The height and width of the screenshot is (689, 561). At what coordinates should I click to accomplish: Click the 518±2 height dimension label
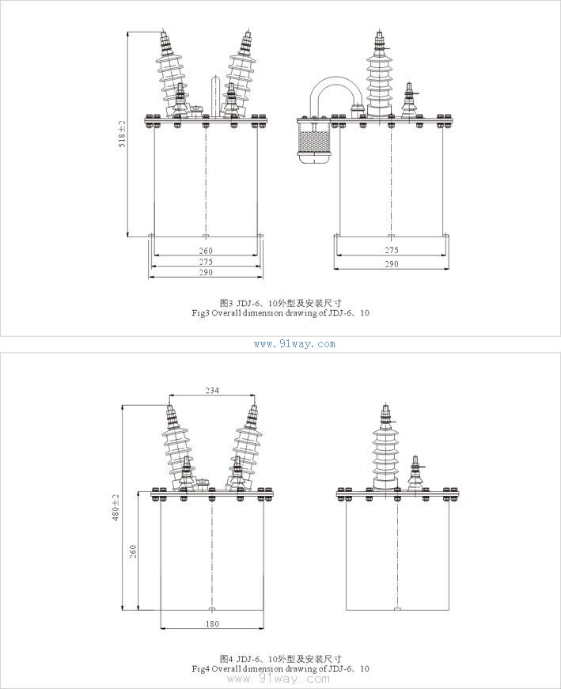pos(122,134)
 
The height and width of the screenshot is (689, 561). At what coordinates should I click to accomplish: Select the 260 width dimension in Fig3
pos(206,251)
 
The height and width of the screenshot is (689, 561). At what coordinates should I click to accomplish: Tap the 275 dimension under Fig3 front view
pos(206,262)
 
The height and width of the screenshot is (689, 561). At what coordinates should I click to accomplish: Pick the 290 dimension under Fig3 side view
pos(392,263)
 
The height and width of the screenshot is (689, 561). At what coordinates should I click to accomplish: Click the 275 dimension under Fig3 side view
pos(392,250)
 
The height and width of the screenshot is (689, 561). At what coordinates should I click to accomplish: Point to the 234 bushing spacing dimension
pos(212,390)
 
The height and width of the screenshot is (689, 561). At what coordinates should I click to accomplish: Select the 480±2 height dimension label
pos(116,508)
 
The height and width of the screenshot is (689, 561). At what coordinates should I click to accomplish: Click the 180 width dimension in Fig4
pos(212,623)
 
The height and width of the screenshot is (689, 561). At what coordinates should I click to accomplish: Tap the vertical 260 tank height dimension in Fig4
pos(133,552)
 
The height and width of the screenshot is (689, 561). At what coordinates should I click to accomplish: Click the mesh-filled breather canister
pos(313,141)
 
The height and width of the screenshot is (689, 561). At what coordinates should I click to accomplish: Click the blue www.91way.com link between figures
pos(294,344)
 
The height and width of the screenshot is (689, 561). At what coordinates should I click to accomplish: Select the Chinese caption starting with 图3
pos(280,303)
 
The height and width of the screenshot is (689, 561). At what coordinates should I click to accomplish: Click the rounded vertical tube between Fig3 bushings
pos(215,97)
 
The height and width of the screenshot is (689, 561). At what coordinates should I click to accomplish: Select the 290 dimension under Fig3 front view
pos(206,272)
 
